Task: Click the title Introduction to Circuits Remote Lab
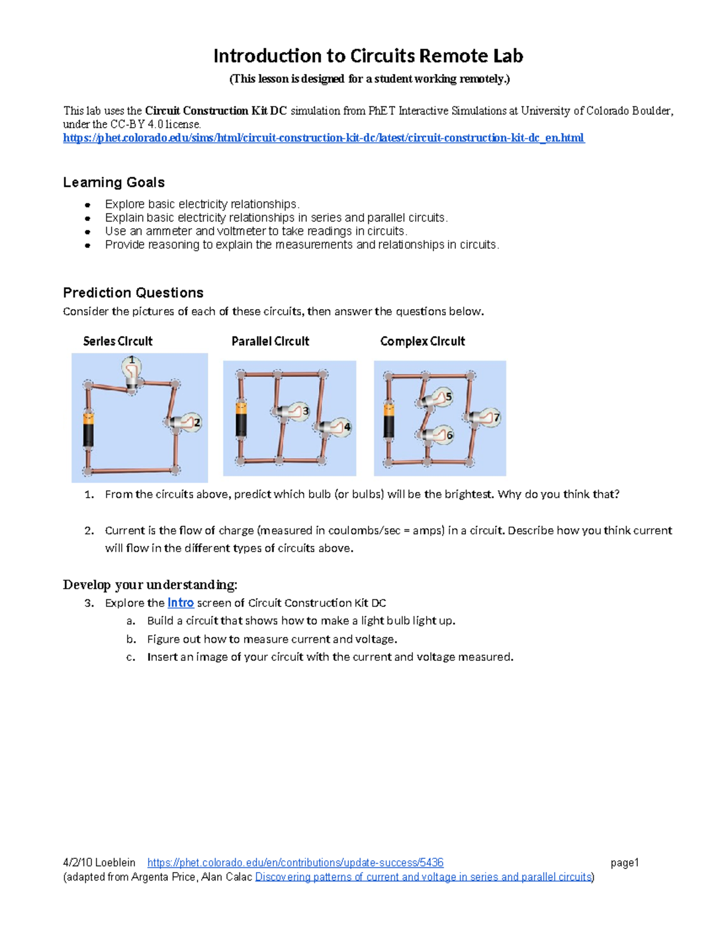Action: click(368, 56)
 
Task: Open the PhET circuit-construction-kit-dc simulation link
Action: click(323, 138)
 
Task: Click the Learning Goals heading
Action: click(113, 182)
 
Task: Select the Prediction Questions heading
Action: click(133, 292)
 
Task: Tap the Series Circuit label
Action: click(118, 341)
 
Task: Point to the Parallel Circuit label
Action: click(270, 341)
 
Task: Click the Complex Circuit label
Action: click(422, 341)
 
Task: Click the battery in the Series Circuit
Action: click(88, 429)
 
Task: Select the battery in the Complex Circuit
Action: click(389, 420)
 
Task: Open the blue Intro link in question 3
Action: click(180, 603)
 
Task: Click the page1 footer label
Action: click(624, 863)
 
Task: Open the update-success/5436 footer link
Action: click(295, 863)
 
